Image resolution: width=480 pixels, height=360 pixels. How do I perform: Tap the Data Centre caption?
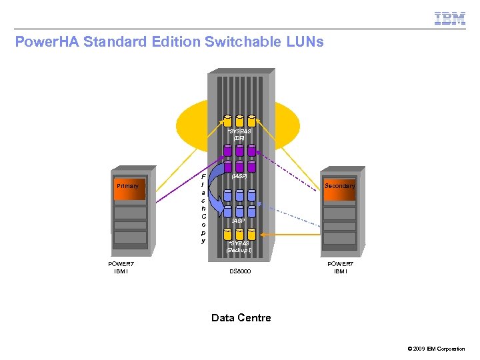[x=241, y=318]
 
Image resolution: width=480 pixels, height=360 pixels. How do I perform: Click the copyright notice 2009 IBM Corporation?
[x=435, y=349]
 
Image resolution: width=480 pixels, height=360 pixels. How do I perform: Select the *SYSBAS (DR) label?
[x=239, y=135]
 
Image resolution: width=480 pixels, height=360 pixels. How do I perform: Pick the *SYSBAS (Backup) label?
[x=239, y=247]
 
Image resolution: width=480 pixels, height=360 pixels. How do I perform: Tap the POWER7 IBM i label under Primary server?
[x=121, y=267]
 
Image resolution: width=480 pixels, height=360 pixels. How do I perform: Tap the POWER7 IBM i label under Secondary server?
[x=341, y=267]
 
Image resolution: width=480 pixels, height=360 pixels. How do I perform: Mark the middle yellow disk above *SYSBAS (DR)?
[x=239, y=121]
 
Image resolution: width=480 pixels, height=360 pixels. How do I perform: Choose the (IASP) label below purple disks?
[x=239, y=176]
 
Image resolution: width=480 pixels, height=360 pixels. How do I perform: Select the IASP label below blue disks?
[x=238, y=220]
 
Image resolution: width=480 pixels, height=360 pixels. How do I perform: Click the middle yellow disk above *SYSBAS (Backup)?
[x=239, y=233]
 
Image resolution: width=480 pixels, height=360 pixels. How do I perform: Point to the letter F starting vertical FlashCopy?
[x=203, y=177]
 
